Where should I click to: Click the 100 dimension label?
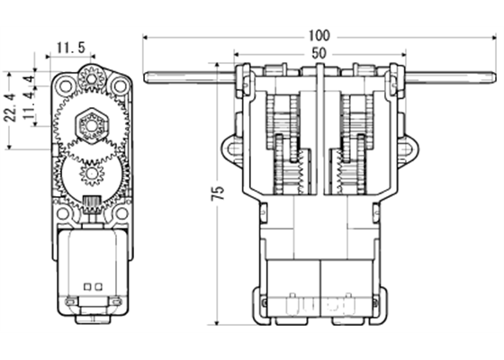[319, 35]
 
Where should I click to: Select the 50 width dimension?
[319, 53]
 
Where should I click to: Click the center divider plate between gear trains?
[319, 135]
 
